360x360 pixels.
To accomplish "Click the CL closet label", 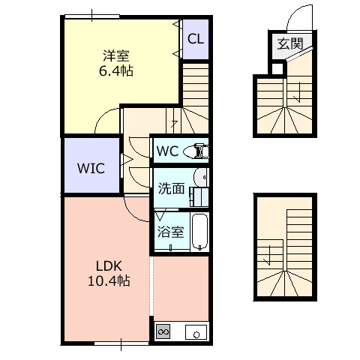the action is pos(196,39).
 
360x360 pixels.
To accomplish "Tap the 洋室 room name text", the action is pos(116,55).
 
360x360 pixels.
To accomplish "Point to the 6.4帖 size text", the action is pos(116,70).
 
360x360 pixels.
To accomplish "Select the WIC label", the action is pos(91,168).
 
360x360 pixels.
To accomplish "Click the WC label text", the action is pos(168,151).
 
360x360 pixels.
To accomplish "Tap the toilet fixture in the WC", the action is pos(196,151).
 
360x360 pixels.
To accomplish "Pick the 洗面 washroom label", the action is pos(172,189).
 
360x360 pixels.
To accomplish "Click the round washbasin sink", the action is pos(200,177).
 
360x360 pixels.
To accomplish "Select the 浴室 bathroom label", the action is pos(171,232).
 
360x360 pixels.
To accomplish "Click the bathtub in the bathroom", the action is pos(199,232).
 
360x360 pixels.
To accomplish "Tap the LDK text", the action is pos(109,266).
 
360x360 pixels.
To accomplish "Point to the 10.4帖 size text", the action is pos(109,280).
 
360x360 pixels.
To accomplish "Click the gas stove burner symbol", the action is pos(163,332).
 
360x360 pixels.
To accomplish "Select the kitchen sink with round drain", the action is pos(196,332).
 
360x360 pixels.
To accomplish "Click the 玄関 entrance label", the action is pos(290,44).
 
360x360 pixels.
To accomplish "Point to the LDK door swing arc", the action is pos(130,212).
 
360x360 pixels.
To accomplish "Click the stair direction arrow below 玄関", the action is pos(298,92).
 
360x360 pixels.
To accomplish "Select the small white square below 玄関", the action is pos(277,69).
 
